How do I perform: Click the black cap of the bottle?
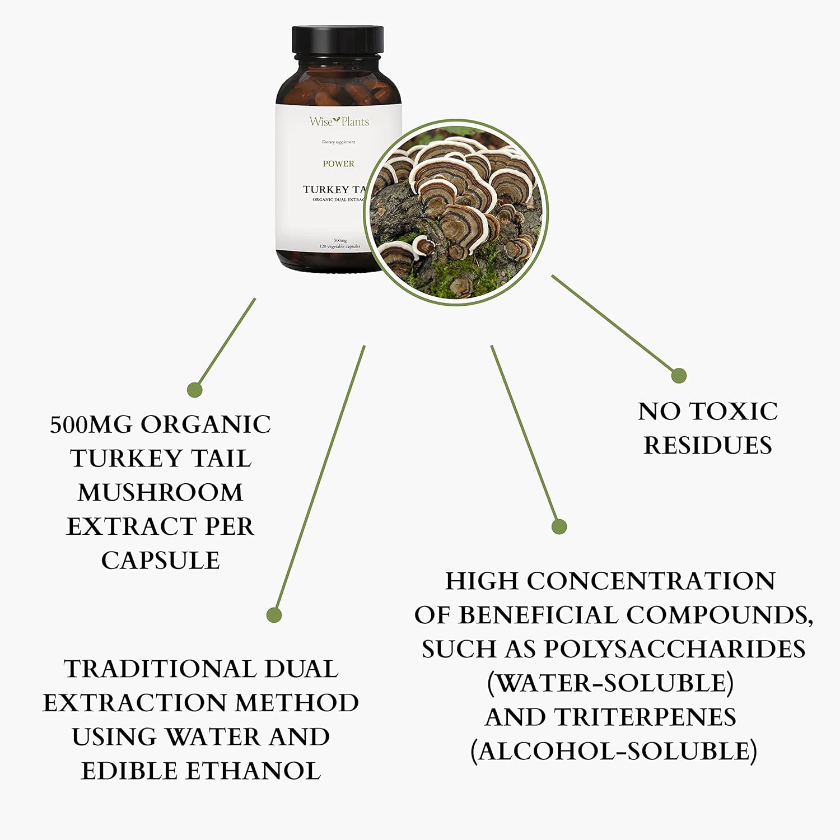point(338,40)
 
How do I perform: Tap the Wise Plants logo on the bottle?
point(339,121)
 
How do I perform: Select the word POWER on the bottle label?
point(338,164)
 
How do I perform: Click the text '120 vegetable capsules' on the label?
point(339,246)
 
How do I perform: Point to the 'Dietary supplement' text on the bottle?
point(338,142)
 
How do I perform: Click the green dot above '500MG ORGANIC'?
point(194,390)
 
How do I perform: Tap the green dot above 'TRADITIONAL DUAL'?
point(273,615)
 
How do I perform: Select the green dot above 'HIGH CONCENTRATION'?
point(559,526)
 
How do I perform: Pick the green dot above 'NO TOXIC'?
point(679,375)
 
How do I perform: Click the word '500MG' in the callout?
point(92,424)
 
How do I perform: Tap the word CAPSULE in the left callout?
point(161,561)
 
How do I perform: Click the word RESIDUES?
point(708,446)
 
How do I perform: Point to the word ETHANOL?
point(254,771)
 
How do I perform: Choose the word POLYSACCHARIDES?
point(675,649)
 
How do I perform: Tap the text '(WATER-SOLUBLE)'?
point(610,683)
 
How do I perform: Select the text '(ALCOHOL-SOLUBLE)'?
point(614,752)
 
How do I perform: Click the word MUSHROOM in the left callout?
point(161,493)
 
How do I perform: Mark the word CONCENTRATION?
point(651,581)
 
